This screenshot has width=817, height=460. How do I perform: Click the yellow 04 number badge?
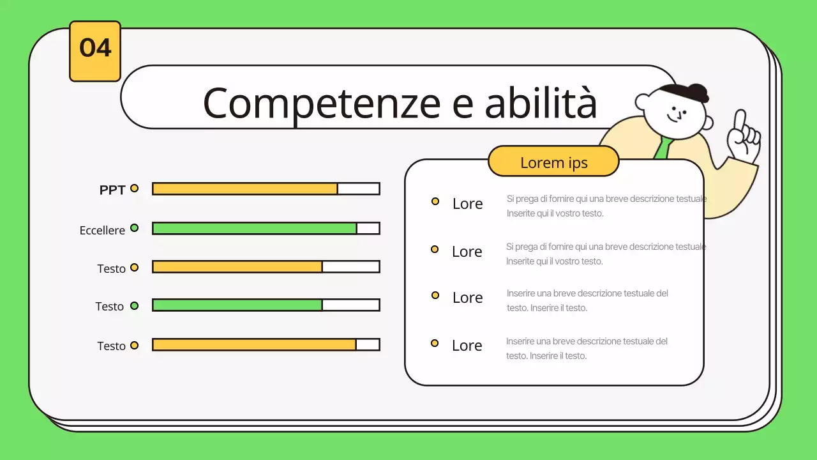point(95,51)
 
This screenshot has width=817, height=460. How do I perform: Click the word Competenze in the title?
point(322,104)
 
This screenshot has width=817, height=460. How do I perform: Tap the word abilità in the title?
point(541,102)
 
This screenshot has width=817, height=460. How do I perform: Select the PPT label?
point(112,190)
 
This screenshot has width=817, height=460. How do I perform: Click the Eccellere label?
point(102,231)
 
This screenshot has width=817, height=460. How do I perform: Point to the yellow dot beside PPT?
point(134,188)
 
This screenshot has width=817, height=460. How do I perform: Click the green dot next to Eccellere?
point(134,228)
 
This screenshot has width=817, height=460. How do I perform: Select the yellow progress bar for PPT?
point(244,188)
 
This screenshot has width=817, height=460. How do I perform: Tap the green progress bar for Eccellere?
point(254,229)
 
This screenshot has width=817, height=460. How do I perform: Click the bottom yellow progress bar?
point(254,344)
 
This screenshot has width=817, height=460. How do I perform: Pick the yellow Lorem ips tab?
point(553,162)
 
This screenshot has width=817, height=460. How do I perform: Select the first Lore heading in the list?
point(468,204)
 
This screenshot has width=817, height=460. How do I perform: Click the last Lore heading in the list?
point(467,346)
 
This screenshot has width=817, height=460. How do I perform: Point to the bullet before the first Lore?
point(435,201)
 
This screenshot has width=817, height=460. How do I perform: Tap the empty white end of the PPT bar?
point(359,188)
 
